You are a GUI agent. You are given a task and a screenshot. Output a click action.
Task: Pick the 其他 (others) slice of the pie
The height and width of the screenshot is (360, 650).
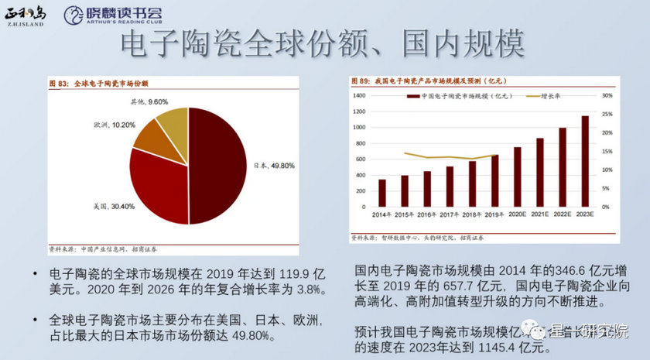(173, 122)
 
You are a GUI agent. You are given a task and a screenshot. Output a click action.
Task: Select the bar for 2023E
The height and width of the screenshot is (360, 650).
(585, 161)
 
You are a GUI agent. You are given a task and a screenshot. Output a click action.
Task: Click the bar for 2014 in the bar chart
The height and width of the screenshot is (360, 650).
(381, 193)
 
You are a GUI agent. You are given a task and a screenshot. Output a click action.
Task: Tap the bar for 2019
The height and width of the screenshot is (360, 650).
(494, 180)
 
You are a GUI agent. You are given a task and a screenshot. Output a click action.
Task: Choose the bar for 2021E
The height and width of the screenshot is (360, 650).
(540, 172)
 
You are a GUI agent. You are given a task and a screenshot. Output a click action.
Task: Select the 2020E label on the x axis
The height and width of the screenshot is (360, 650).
(517, 214)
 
